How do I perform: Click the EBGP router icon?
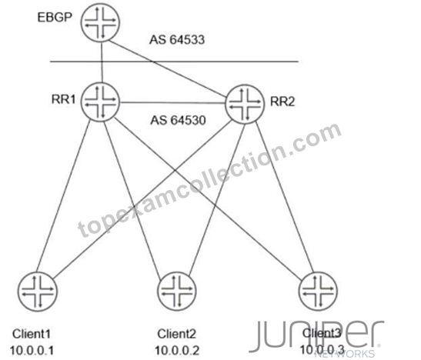(100, 22)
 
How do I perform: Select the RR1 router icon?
(100, 102)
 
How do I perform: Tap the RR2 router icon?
(245, 104)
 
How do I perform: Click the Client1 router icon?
(37, 292)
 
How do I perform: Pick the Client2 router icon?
(177, 291)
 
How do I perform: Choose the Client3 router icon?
(318, 291)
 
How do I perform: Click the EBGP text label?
(55, 18)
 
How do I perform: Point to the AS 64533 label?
(177, 40)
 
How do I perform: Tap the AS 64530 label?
(179, 120)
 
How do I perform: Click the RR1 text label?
(64, 99)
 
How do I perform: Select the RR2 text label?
(282, 102)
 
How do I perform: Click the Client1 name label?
(32, 334)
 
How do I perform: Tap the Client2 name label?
(177, 334)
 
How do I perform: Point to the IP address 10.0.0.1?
(32, 351)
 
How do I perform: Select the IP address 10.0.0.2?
(177, 351)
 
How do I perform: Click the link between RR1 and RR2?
(172, 102)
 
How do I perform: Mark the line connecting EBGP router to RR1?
(102, 62)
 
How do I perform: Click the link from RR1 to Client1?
(63, 196)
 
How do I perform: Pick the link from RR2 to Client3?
(285, 197)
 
